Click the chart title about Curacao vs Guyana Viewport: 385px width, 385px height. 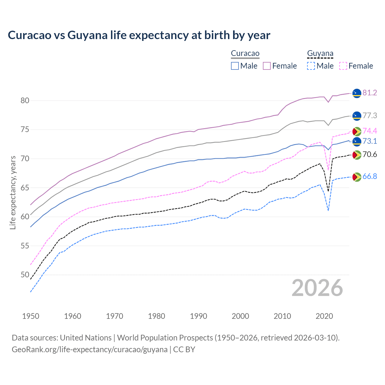(x=139, y=35)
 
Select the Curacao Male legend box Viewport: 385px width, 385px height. (x=235, y=66)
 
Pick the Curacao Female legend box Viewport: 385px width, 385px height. (x=267, y=66)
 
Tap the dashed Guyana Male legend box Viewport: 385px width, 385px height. (x=311, y=66)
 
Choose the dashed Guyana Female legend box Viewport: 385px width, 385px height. (x=343, y=66)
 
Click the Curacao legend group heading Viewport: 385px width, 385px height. (x=245, y=54)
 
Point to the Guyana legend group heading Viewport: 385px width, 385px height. (x=320, y=54)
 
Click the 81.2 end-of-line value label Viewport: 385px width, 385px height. (x=370, y=93)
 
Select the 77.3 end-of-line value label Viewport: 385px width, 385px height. (x=370, y=116)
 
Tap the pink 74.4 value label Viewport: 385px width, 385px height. (x=370, y=131)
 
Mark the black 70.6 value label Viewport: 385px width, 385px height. (x=370, y=155)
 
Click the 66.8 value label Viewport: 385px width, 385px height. (x=370, y=177)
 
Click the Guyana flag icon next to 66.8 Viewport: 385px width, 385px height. (x=357, y=177)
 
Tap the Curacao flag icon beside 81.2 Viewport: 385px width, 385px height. (x=357, y=93)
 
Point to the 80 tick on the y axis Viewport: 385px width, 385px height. (x=25, y=101)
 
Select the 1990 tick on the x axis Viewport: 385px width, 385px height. (x=199, y=316)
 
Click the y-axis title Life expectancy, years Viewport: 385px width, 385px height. (x=13, y=192)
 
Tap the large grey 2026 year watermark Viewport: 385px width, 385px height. (x=317, y=288)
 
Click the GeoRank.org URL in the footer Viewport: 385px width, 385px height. (x=90, y=350)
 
